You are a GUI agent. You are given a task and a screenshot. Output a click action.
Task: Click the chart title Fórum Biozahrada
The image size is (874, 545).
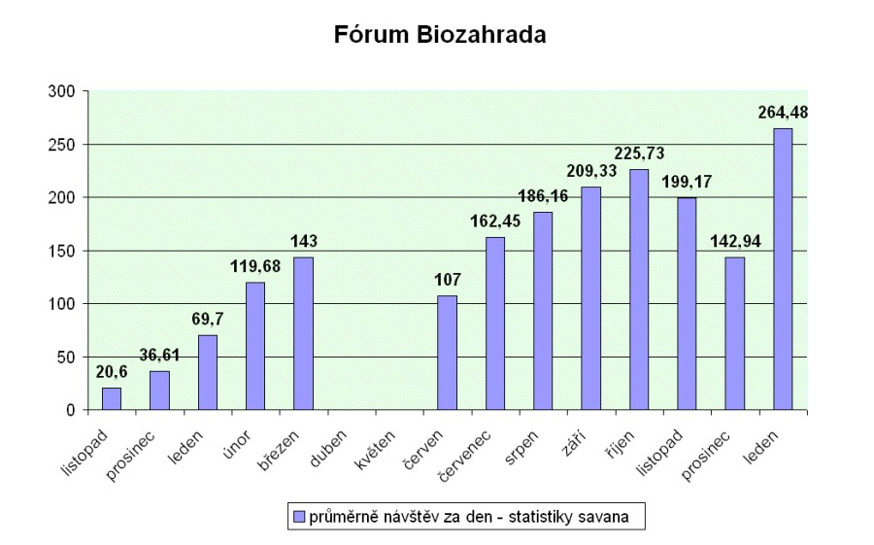pyautogui.click(x=440, y=37)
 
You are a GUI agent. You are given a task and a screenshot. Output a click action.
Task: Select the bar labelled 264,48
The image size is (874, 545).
pyautogui.click(x=783, y=269)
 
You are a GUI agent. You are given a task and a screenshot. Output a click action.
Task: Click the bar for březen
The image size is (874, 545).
pyautogui.click(x=303, y=333)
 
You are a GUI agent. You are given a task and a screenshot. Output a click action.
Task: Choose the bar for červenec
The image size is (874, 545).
pyautogui.click(x=495, y=324)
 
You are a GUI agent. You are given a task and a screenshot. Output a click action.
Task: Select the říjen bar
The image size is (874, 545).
pyautogui.click(x=639, y=290)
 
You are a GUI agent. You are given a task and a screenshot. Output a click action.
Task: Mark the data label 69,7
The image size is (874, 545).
pyautogui.click(x=206, y=319)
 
